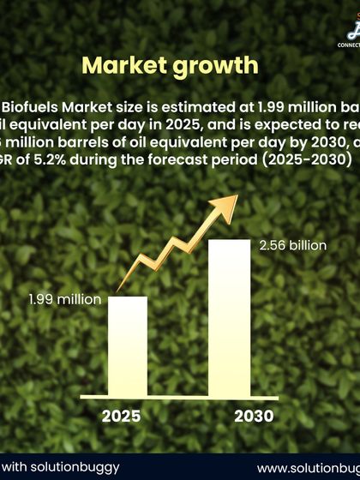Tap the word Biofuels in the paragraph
[x=32, y=108]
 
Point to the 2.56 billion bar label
[x=292, y=245]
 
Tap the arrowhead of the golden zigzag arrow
[x=230, y=202]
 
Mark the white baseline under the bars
[x=179, y=398]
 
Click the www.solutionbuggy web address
[x=308, y=468]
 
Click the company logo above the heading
[x=351, y=33]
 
